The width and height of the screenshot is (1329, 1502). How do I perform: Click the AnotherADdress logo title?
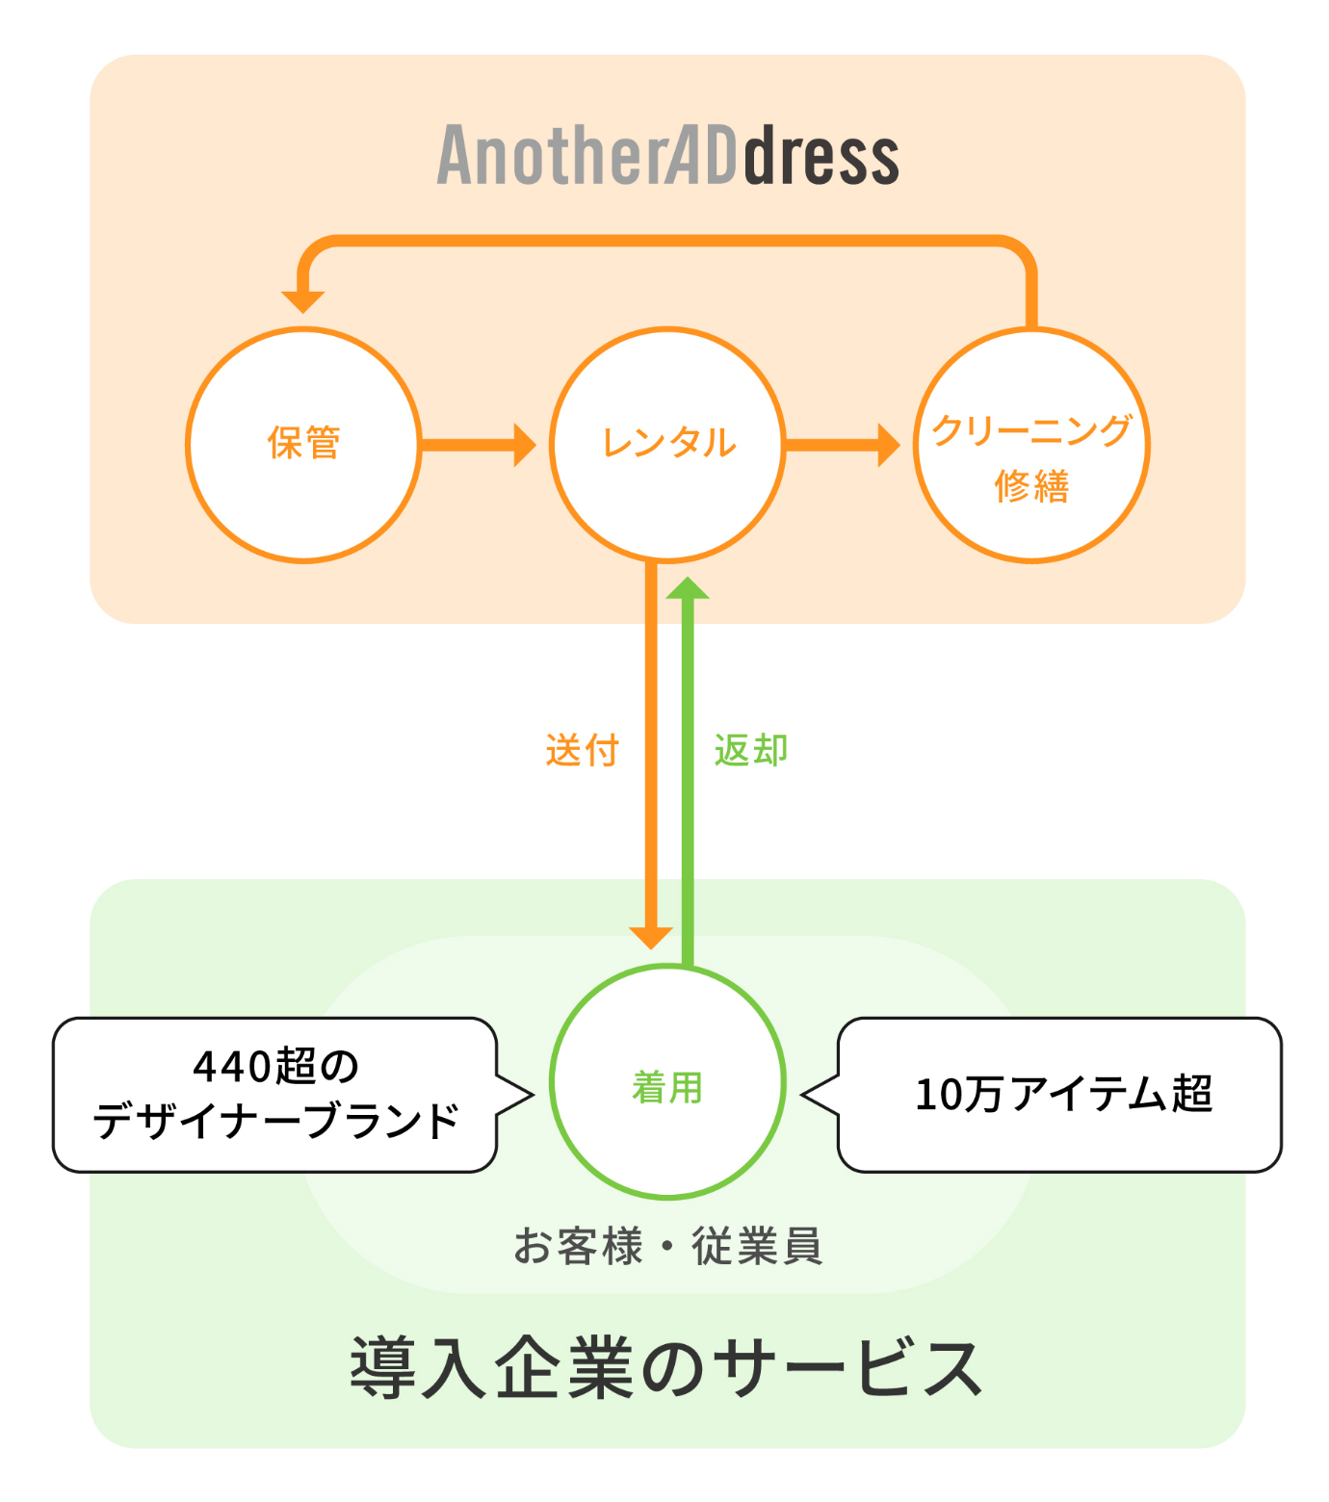coord(667,156)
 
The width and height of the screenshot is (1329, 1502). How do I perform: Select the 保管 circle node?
coord(303,444)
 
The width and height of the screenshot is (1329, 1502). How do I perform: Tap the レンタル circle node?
coord(667,444)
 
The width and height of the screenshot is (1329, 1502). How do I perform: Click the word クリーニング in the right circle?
coord(1031,429)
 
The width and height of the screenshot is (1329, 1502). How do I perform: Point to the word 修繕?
coord(1031,486)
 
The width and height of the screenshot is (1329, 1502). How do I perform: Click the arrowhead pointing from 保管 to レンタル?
coord(526,445)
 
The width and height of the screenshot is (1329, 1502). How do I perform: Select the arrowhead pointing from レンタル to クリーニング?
coord(889,445)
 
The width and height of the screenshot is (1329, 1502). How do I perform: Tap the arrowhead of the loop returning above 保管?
coord(302,301)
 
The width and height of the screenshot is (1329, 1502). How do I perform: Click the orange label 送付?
coord(582,750)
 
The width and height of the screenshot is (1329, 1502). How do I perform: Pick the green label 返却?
coord(751,750)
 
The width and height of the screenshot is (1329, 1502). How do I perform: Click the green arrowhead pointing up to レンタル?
coord(688,588)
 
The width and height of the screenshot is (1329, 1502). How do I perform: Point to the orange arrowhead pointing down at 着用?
coord(651,938)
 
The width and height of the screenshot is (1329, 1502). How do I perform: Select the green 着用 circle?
coord(667,1082)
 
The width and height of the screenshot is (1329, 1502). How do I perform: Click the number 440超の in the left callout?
coord(275,1067)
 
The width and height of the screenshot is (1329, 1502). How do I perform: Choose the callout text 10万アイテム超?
coord(1063,1095)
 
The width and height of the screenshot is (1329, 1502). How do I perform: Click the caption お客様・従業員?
coord(667,1246)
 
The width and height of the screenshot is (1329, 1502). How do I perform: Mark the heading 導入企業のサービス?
coord(666,1367)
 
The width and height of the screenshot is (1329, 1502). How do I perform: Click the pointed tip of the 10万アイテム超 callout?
coord(804,1095)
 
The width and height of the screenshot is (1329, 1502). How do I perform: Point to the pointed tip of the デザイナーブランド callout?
coord(532,1095)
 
